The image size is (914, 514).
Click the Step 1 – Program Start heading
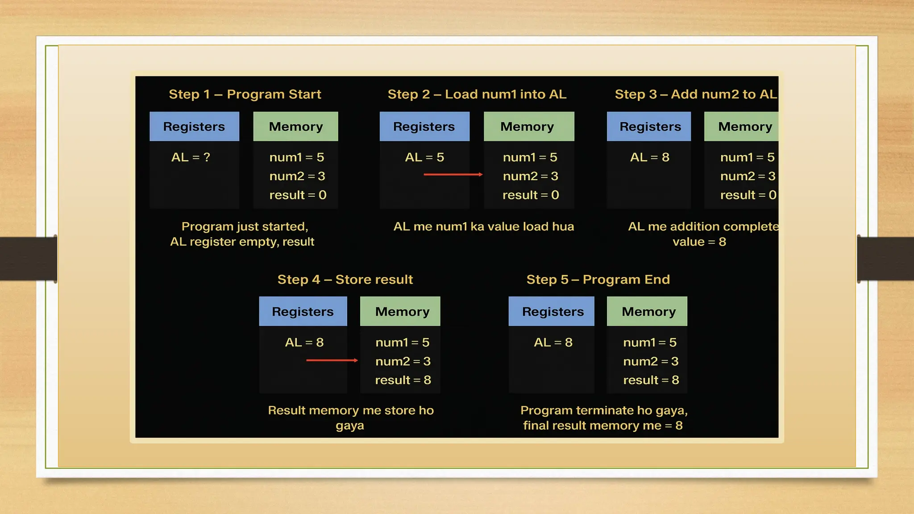point(245,94)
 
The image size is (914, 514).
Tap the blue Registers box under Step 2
point(424,127)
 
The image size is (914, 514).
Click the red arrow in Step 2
point(453,174)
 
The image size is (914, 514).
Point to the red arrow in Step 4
point(332,360)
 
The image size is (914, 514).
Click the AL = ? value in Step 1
point(191,157)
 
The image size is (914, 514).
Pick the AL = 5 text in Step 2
point(424,157)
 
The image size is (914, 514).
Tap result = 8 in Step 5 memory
point(651,380)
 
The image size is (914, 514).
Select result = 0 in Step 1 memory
point(298,195)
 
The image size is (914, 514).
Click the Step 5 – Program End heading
point(598,279)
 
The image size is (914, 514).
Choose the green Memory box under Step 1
point(295,127)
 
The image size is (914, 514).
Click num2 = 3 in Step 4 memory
point(403,361)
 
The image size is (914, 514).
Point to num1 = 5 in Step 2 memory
point(530,157)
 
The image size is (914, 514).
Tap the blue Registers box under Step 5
point(553,311)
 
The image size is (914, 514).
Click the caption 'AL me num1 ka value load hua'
point(483,227)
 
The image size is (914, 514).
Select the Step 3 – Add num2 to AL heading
point(695,94)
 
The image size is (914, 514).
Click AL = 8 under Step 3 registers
point(649,157)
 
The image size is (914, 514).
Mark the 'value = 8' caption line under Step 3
point(699,242)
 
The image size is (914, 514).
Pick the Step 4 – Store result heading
point(345,279)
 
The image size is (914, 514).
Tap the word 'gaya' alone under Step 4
point(350,426)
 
